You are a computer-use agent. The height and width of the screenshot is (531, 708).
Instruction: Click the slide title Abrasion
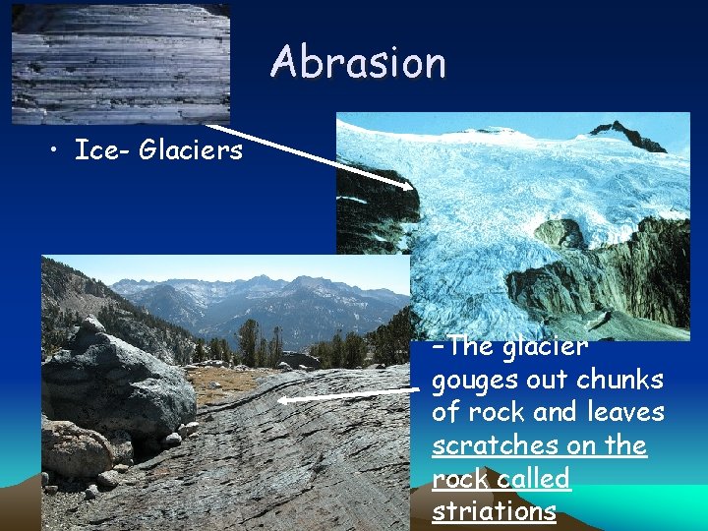pos(359,62)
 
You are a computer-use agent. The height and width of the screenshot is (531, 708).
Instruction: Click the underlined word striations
pos(493,511)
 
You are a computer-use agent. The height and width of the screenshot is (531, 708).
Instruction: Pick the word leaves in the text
pos(623,412)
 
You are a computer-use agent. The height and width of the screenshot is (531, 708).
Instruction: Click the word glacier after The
pos(545,347)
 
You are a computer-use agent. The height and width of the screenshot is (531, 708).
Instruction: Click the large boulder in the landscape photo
pos(108,379)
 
